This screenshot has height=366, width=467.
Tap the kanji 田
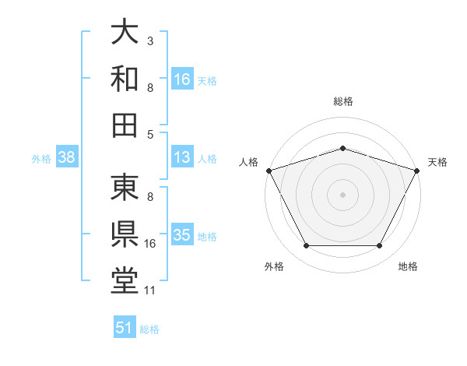click(x=125, y=125)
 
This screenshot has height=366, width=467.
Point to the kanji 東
click(x=125, y=188)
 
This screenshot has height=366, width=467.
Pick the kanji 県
click(x=125, y=234)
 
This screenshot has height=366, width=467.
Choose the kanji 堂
click(x=125, y=281)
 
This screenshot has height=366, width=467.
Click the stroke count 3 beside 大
click(x=150, y=40)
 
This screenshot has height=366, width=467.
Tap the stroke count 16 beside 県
click(x=150, y=244)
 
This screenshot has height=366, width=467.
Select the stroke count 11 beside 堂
click(x=150, y=290)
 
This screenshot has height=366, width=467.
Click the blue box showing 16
click(x=182, y=79)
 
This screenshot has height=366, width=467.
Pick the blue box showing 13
click(x=182, y=158)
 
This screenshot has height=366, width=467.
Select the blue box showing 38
click(x=66, y=158)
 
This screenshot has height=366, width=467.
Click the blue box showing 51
click(x=125, y=328)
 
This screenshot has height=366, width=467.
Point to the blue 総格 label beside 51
click(x=149, y=329)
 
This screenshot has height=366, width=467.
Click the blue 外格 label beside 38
click(x=41, y=159)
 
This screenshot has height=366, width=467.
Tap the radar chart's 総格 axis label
click(x=342, y=101)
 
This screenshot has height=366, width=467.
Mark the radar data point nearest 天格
click(x=418, y=170)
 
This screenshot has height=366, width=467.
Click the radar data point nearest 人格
click(x=268, y=170)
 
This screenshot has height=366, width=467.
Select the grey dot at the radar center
click(x=342, y=194)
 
